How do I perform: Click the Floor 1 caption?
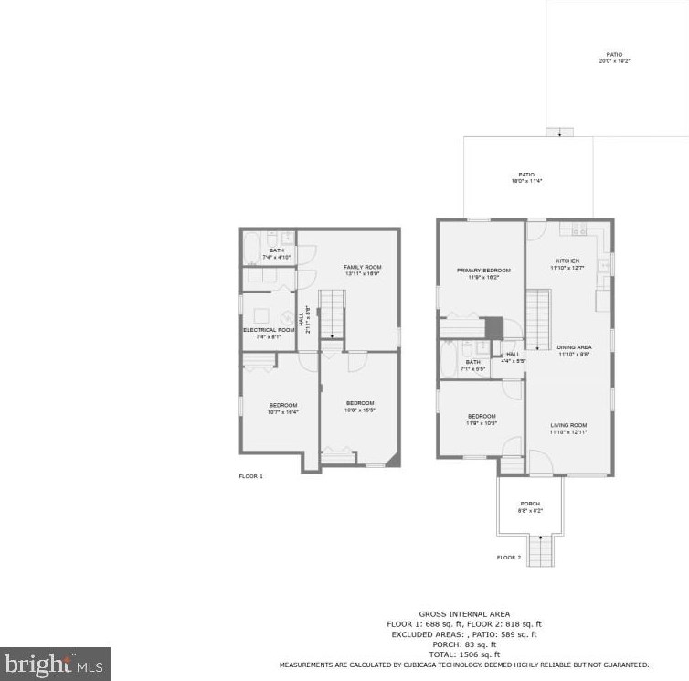click(250, 476)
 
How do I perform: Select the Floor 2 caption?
click(509, 557)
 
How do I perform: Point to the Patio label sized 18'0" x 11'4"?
click(526, 177)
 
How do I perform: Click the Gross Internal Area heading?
click(464, 614)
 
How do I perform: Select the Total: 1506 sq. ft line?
click(464, 654)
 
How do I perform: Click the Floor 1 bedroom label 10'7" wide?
click(283, 409)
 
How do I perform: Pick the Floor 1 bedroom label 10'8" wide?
click(360, 407)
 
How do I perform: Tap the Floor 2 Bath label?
click(473, 366)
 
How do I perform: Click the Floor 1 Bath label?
click(276, 253)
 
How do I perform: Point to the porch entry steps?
click(540, 552)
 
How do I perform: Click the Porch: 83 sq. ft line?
click(464, 644)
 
